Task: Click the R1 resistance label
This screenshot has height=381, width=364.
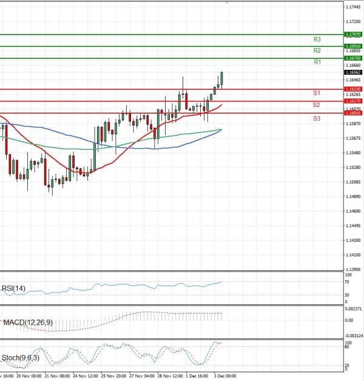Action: click(x=317, y=62)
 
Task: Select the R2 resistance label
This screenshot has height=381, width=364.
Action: click(x=317, y=50)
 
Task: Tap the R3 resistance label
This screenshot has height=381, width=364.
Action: click(x=317, y=39)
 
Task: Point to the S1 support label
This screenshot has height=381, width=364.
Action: click(x=317, y=93)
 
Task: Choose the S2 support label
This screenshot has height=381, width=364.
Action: click(x=317, y=105)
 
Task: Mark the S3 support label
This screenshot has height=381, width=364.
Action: click(x=317, y=118)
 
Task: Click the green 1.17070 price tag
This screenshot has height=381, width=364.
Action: click(x=353, y=35)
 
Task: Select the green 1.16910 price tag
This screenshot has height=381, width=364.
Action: click(x=353, y=46)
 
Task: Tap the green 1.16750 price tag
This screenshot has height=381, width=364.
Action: click(x=353, y=58)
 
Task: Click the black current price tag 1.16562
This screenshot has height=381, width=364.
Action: click(x=353, y=72)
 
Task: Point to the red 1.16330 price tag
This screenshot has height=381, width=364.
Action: click(x=353, y=89)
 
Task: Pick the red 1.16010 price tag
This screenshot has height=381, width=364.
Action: click(x=353, y=113)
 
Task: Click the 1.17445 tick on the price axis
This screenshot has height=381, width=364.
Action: click(x=353, y=7)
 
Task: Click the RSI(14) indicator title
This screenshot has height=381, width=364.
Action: click(x=13, y=288)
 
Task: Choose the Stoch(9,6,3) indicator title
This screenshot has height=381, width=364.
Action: click(x=19, y=358)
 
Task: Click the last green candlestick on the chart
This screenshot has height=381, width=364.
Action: click(x=222, y=78)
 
